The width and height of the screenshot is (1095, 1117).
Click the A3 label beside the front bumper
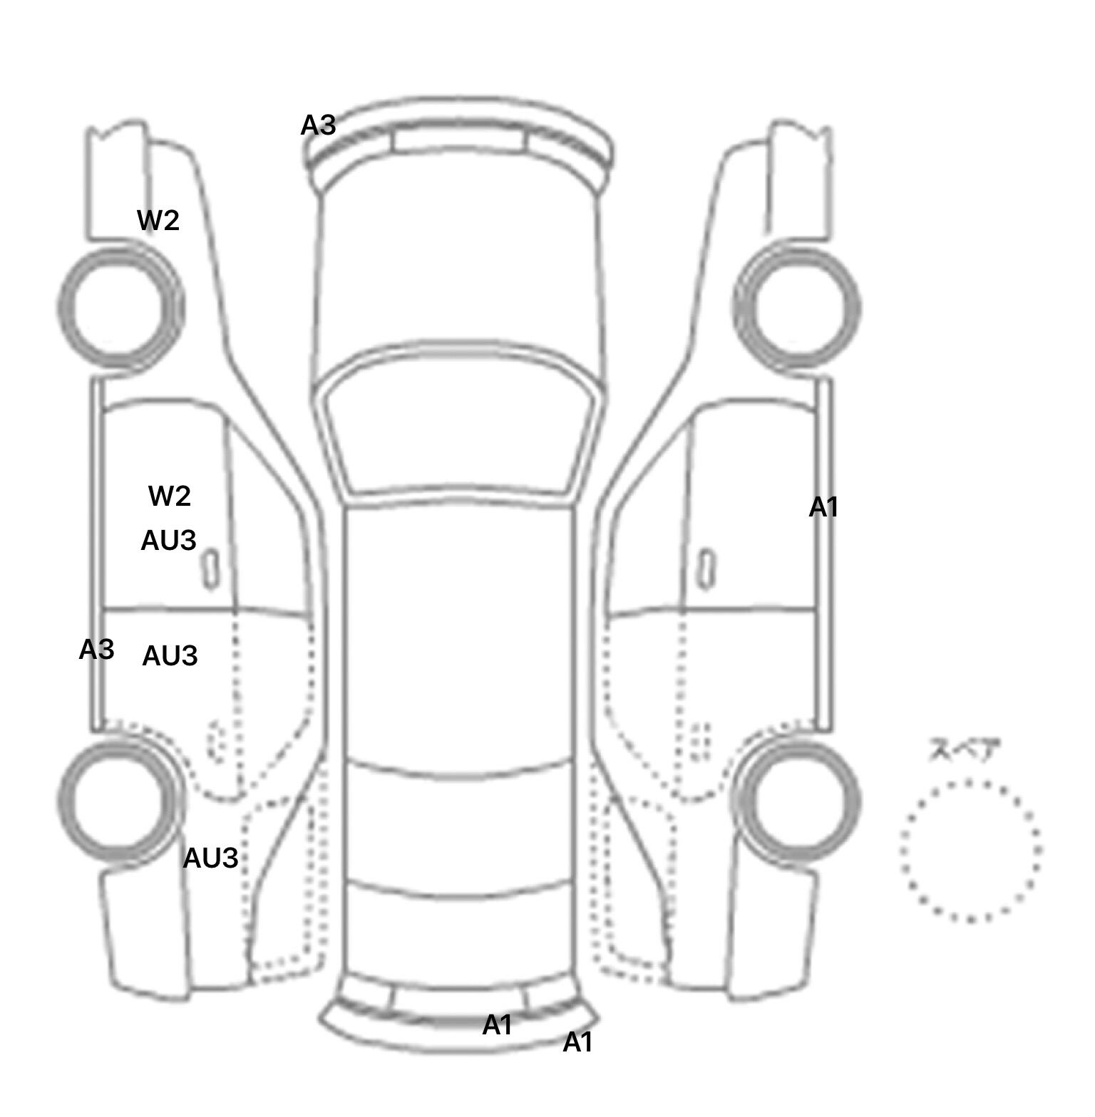click(x=318, y=125)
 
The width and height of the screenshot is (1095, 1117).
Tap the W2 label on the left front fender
click(x=158, y=221)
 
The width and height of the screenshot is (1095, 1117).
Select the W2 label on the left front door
click(x=170, y=496)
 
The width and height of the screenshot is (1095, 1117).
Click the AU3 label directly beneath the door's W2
click(x=168, y=541)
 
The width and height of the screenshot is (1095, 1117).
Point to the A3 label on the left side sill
click(x=96, y=650)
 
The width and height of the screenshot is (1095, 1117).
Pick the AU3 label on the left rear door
click(x=170, y=656)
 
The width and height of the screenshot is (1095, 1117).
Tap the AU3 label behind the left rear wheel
click(x=210, y=858)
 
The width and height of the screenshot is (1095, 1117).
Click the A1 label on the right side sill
click(x=823, y=508)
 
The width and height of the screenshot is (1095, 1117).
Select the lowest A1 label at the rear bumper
click(x=577, y=1043)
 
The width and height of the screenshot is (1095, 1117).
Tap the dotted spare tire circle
click(x=903, y=851)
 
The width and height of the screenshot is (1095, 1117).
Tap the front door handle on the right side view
click(x=706, y=569)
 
